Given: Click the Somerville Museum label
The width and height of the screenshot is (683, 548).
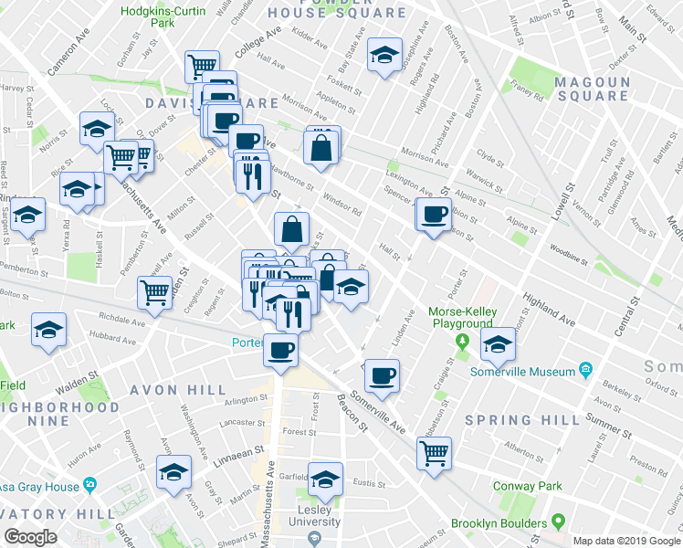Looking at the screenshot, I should pyautogui.click(x=522, y=372).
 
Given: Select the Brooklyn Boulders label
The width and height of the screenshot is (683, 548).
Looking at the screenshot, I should pyautogui.click(x=499, y=524).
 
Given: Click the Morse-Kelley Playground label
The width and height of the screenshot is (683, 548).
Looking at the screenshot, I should pyautogui.click(x=462, y=318).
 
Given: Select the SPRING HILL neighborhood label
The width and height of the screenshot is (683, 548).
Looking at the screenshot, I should pyautogui.click(x=521, y=420).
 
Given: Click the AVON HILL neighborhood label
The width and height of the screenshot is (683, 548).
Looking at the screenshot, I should pyautogui.click(x=177, y=390).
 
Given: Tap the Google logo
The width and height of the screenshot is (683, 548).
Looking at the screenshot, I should pyautogui.click(x=30, y=537).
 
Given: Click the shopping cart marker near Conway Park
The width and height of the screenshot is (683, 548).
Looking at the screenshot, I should pyautogui.click(x=435, y=451).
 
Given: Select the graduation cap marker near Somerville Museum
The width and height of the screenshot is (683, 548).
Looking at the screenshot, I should pyautogui.click(x=498, y=344).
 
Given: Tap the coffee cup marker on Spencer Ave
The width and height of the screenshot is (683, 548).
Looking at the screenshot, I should pyautogui.click(x=434, y=215).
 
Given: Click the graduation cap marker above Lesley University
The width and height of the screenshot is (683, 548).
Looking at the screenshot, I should pyautogui.click(x=325, y=479).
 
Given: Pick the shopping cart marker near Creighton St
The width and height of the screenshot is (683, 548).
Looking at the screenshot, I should pyautogui.click(x=155, y=292).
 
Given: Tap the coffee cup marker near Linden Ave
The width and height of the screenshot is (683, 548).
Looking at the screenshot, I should pyautogui.click(x=383, y=374).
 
